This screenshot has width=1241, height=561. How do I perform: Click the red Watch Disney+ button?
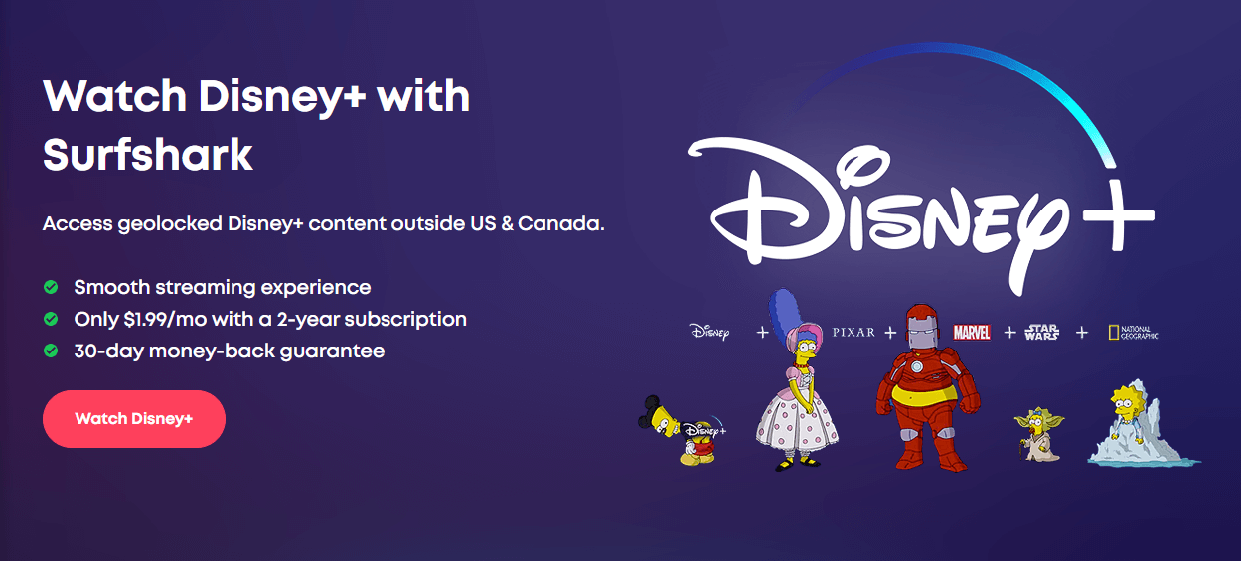[134, 419]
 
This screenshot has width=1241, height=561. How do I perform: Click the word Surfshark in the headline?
[148, 155]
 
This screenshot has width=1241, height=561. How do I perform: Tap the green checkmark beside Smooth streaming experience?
[51, 287]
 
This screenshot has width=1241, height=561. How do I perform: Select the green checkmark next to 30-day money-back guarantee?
[51, 351]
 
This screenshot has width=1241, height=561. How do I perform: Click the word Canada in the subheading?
[559, 223]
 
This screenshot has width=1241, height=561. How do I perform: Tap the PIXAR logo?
[853, 333]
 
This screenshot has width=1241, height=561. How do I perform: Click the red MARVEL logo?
[971, 333]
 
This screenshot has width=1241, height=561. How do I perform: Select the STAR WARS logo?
[1041, 332]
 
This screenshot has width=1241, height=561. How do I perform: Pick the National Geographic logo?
[1133, 333]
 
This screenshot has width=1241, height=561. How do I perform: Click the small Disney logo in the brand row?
[709, 332]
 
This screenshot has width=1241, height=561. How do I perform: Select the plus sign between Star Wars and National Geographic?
[1081, 333]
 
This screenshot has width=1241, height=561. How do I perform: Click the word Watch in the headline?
[114, 96]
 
